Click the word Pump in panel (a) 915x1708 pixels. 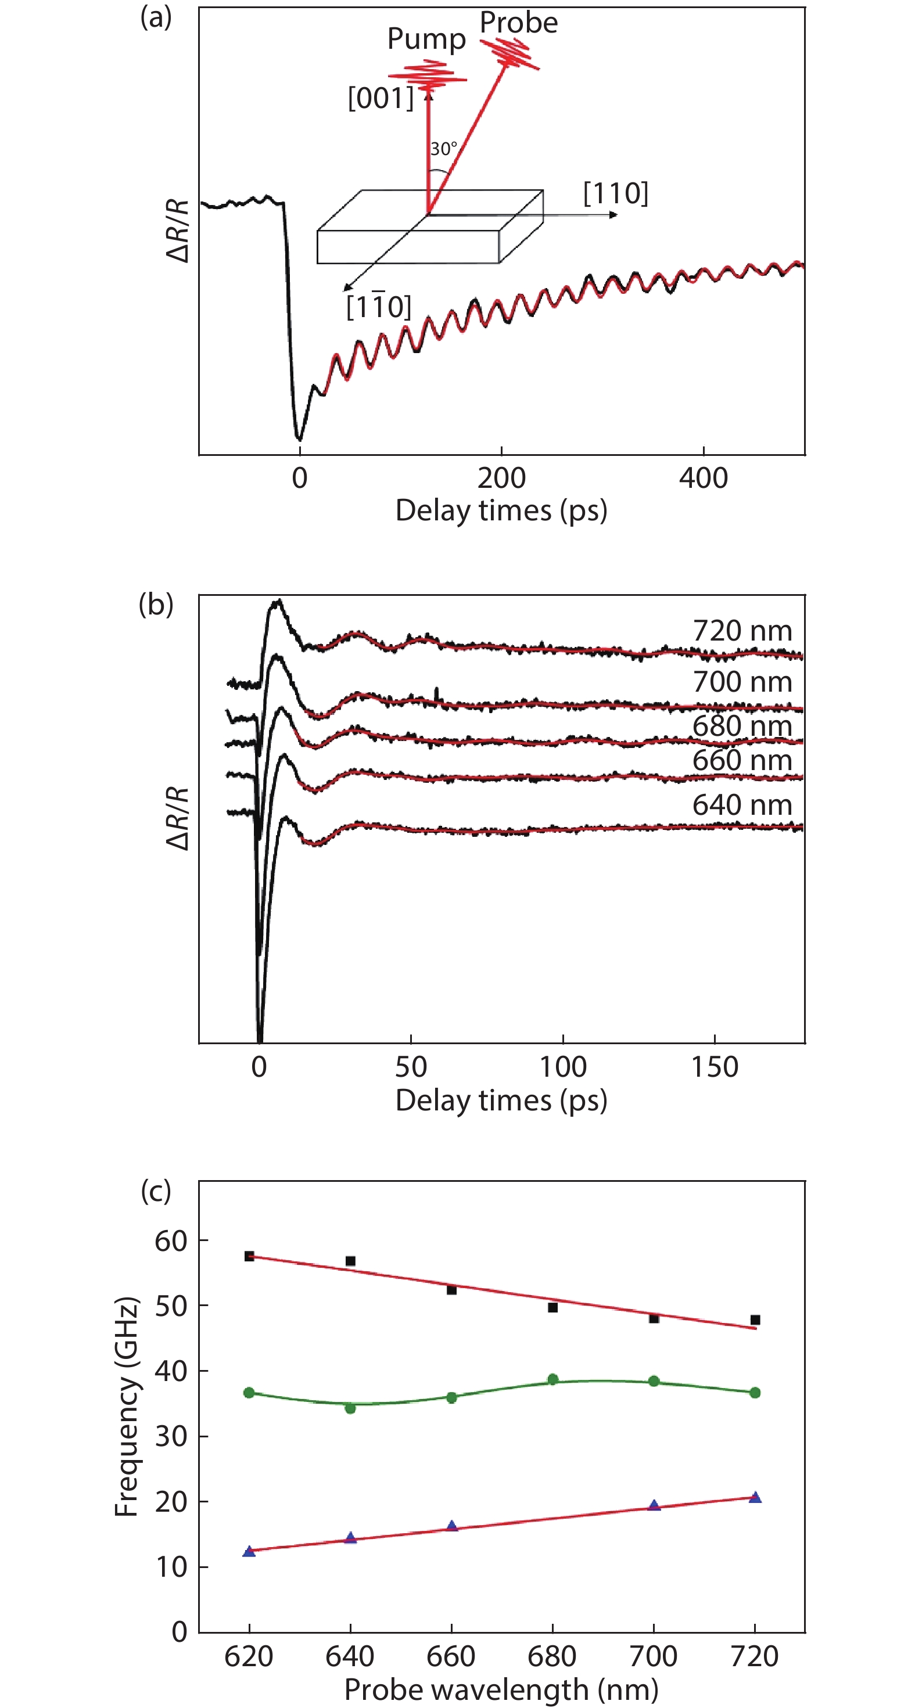426,40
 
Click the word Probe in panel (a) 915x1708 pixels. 518,23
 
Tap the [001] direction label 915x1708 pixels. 381,99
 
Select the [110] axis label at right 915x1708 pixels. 615,193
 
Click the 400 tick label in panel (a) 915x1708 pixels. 703,478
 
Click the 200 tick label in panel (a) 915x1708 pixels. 501,478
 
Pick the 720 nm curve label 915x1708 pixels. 742,631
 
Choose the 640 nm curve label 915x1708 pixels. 742,805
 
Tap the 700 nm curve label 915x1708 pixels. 742,682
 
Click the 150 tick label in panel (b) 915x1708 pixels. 714,1067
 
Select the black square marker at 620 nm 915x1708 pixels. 249,1256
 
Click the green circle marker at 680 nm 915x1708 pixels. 552,1380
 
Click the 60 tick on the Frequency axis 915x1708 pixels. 171,1240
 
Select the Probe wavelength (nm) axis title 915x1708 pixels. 501,1689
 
